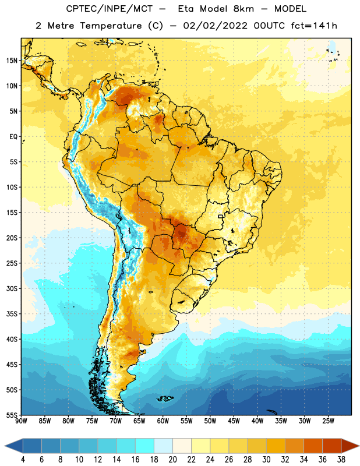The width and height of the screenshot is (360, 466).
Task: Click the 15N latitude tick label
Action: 12,61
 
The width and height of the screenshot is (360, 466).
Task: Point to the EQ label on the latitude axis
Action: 13,137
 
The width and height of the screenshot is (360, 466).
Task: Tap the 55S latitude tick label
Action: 12,415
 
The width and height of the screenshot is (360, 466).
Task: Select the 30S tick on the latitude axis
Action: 12,288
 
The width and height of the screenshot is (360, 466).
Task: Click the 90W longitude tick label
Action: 21,421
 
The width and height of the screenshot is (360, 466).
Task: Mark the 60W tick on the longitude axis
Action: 163,421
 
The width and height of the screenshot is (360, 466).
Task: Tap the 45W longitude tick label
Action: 234,421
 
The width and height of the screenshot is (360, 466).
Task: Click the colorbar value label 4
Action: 23,460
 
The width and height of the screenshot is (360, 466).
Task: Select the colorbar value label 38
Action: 341,460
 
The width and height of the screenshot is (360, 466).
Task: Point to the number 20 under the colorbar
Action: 172,460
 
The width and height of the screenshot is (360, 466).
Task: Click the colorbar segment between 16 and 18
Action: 145,446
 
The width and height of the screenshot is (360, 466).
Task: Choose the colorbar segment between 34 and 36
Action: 313,446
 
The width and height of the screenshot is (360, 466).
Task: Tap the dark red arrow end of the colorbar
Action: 350,446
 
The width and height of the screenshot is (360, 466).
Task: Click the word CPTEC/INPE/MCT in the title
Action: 110,9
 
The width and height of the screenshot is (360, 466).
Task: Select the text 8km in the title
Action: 243,9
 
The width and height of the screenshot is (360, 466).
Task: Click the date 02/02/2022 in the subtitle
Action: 215,26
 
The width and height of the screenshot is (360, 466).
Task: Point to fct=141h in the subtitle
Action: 314,26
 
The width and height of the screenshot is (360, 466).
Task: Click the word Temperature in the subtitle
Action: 111,26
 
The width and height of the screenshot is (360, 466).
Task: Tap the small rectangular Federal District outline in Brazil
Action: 221,216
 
